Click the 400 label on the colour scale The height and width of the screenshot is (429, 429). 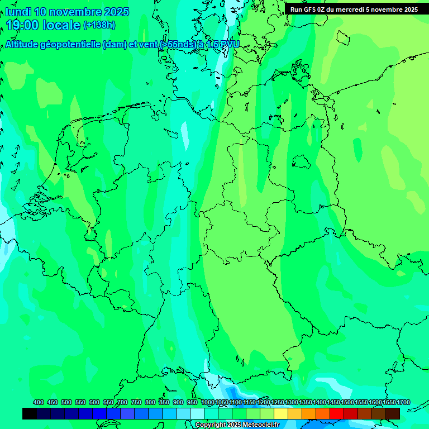tap(39, 402)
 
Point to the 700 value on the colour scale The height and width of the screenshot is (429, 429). tap(122, 402)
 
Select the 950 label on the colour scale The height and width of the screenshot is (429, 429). tap(192, 402)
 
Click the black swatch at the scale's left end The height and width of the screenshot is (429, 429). tap(30, 413)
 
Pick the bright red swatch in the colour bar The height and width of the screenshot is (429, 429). tap(337, 413)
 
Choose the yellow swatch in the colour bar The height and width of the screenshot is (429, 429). tap(281, 413)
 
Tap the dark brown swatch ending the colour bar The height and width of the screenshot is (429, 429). tap(393, 413)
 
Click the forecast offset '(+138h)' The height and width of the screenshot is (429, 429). tap(99, 25)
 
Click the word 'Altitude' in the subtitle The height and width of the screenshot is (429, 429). tap(23, 45)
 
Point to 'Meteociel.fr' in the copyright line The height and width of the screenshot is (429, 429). tap(257, 425)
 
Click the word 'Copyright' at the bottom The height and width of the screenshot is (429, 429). tap(211, 425)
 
